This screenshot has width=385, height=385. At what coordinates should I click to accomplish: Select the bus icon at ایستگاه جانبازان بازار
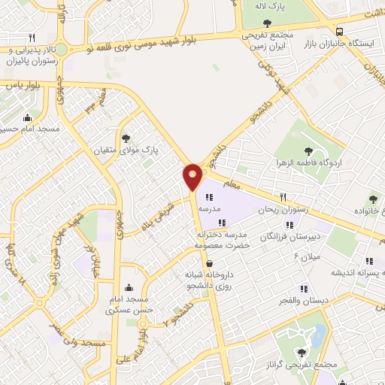(341, 32)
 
